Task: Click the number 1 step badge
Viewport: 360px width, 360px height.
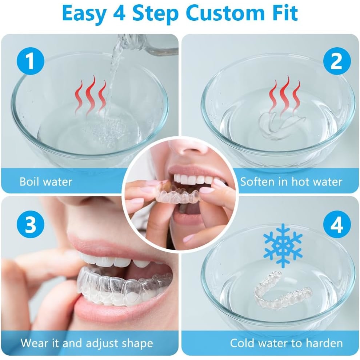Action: [x=30, y=61]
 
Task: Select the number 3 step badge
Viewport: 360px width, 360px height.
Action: [x=30, y=224]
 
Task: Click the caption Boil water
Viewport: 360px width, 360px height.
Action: [x=46, y=181]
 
